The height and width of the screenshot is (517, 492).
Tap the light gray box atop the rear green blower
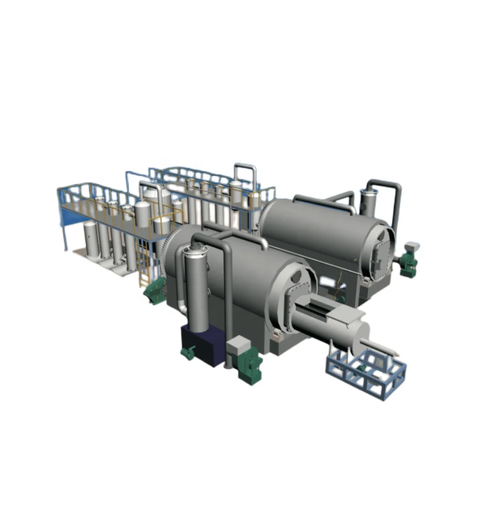click(x=412, y=246)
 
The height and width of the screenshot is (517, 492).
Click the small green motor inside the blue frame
click(x=363, y=367)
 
